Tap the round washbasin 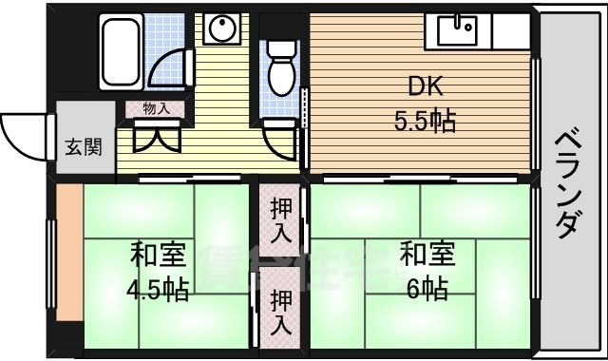pyautogui.click(x=221, y=31)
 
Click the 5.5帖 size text pyautogui.click(x=425, y=122)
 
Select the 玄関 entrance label pyautogui.click(x=79, y=148)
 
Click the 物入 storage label pyautogui.click(x=156, y=109)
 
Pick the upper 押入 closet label pyautogui.click(x=281, y=219)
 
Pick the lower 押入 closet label pyautogui.click(x=281, y=312)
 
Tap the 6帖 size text pyautogui.click(x=425, y=288)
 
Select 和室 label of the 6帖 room pyautogui.click(x=426, y=255)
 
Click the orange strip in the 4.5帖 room pyautogui.click(x=68, y=266)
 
